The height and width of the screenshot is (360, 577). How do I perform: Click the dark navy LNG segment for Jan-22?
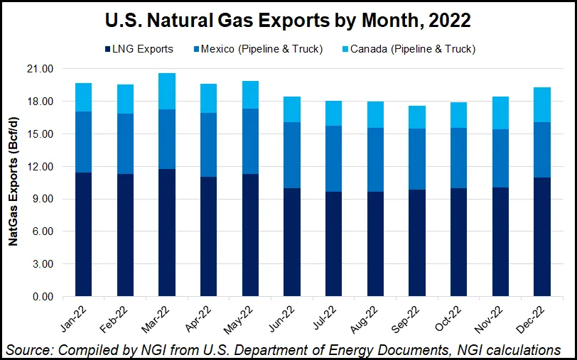[x=84, y=234]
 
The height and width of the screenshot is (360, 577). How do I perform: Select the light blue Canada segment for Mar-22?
[x=167, y=91]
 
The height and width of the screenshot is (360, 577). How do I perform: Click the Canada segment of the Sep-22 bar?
[x=417, y=117]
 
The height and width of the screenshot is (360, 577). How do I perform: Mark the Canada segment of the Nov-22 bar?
[x=500, y=113]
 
